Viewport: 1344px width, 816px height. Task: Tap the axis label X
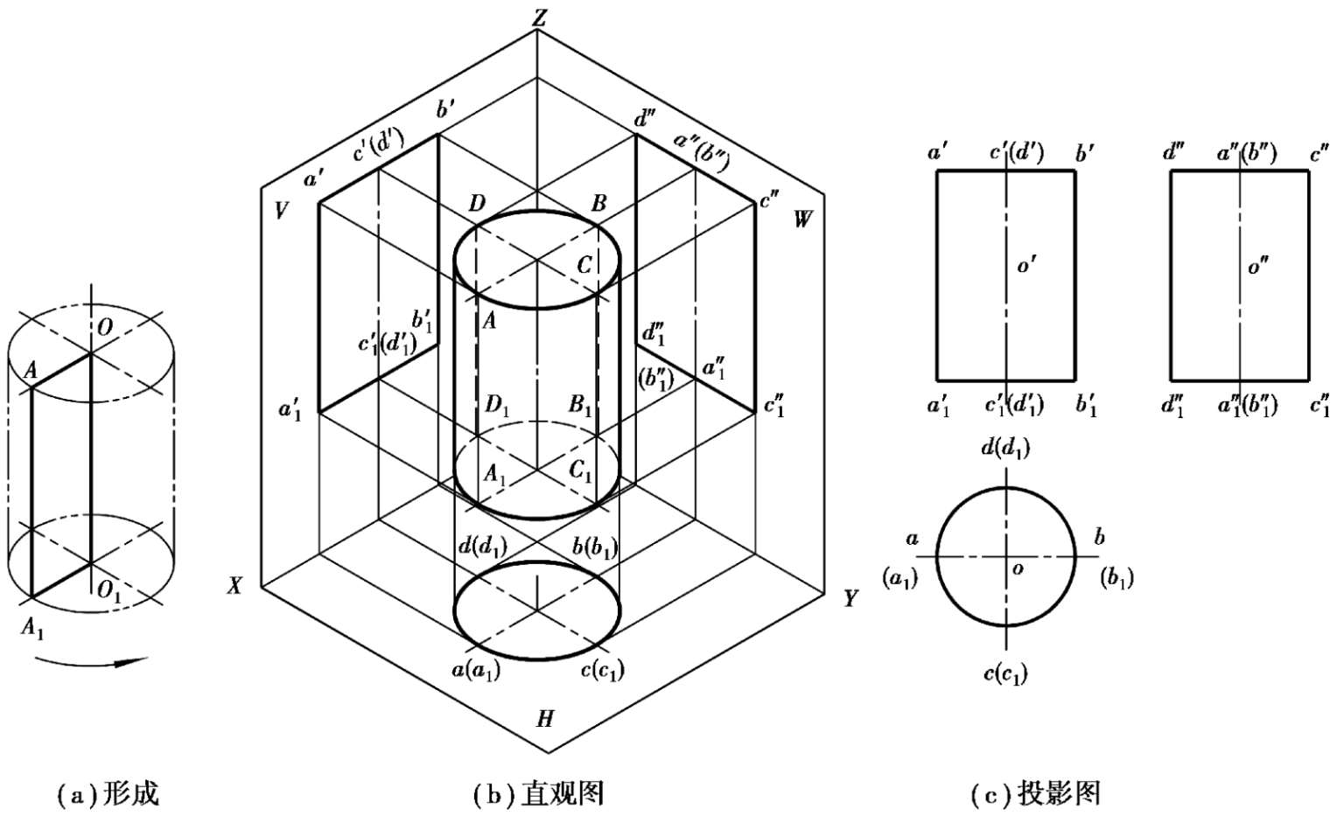[x=234, y=587]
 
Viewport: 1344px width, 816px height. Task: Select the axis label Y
[x=850, y=599]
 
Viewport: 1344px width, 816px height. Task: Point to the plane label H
[x=545, y=720]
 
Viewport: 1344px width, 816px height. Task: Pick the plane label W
[x=802, y=220]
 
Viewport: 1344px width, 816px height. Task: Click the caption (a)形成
[x=108, y=794]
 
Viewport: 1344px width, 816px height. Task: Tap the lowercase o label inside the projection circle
[x=1017, y=569]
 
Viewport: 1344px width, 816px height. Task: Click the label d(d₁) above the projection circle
[x=1005, y=449]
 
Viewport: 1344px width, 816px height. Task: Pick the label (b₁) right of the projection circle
[x=1116, y=578]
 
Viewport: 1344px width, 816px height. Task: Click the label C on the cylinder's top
[x=584, y=265]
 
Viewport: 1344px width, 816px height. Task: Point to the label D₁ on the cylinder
[x=498, y=406]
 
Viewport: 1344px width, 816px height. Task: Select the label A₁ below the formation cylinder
[x=31, y=628]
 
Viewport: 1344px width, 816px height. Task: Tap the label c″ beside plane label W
[x=769, y=201]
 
